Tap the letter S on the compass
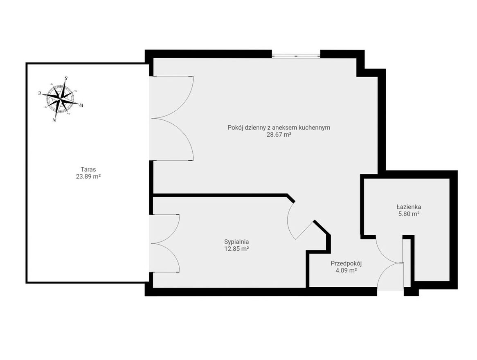66,78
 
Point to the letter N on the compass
54,120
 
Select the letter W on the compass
81,105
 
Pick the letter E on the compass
40,93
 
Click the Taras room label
88,169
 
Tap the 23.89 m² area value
88,176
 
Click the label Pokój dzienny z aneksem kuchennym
279,128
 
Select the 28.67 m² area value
279,135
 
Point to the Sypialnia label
236,242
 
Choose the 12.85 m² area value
236,249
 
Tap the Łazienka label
409,207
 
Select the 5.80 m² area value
409,214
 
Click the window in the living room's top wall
296,56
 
